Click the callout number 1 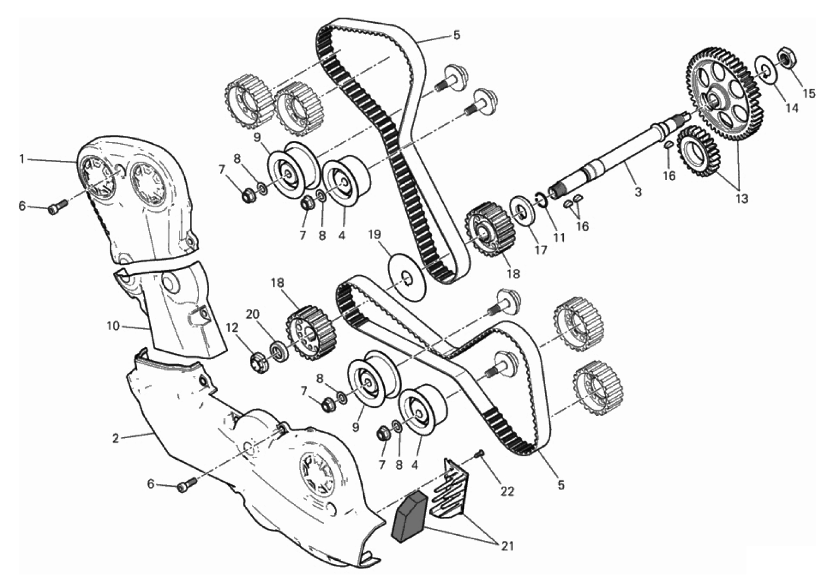click(x=22, y=159)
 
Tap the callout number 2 click(x=115, y=438)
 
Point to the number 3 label click(x=638, y=191)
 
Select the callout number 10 click(x=113, y=326)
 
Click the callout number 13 click(x=742, y=198)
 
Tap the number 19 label click(x=375, y=234)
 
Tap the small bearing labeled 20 click(x=279, y=351)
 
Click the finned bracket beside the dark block click(x=450, y=491)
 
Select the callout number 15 click(x=807, y=93)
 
